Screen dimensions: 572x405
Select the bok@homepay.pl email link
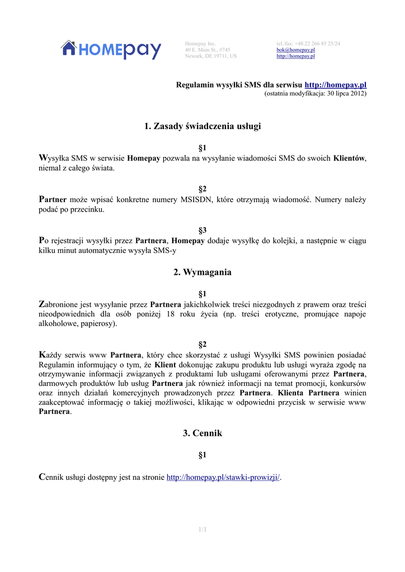point(295,50)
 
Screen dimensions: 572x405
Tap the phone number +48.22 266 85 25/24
point(317,44)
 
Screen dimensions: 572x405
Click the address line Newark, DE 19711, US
point(211,56)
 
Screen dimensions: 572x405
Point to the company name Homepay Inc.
point(200,44)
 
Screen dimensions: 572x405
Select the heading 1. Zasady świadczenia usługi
point(202,126)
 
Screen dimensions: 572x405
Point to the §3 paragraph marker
point(202,230)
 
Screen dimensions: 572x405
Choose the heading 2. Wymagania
point(202,273)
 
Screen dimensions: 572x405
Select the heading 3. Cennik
point(202,433)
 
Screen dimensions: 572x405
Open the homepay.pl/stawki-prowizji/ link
point(223,478)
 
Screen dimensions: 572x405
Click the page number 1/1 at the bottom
point(202,530)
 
